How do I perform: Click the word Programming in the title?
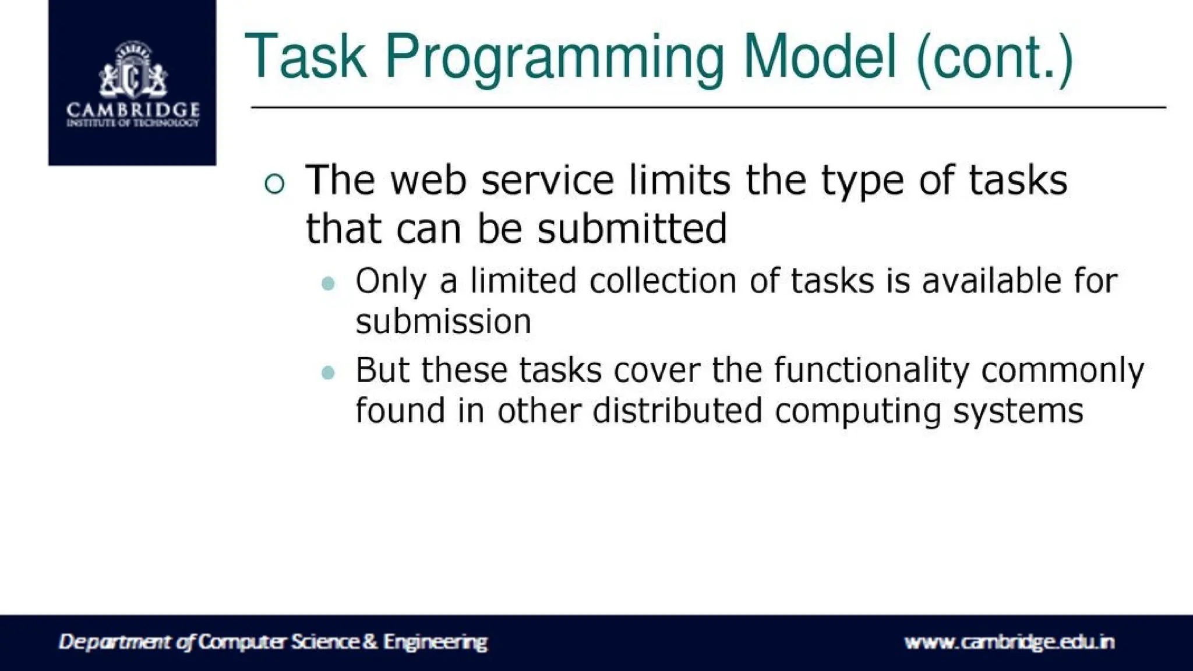pyautogui.click(x=554, y=58)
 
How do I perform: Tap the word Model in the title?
pyautogui.click(x=820, y=56)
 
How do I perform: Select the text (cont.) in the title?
pyautogui.click(x=994, y=58)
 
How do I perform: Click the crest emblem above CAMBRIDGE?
pyautogui.click(x=133, y=70)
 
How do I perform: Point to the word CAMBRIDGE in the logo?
pyautogui.click(x=133, y=110)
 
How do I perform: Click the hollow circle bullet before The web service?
pyautogui.click(x=274, y=184)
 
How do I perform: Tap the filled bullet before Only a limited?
pyautogui.click(x=329, y=284)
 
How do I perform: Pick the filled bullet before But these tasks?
pyautogui.click(x=329, y=372)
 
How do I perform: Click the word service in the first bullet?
pyautogui.click(x=548, y=180)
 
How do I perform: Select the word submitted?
pyautogui.click(x=632, y=228)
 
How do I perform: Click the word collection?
pyautogui.click(x=663, y=281)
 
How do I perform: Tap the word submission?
pyautogui.click(x=443, y=322)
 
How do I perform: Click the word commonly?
pyautogui.click(x=1063, y=370)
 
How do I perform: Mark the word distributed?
pyautogui.click(x=677, y=411)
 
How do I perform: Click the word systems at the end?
pyautogui.click(x=1018, y=412)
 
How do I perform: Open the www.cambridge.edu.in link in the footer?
pyautogui.click(x=1009, y=642)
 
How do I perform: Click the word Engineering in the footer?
pyautogui.click(x=435, y=642)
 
